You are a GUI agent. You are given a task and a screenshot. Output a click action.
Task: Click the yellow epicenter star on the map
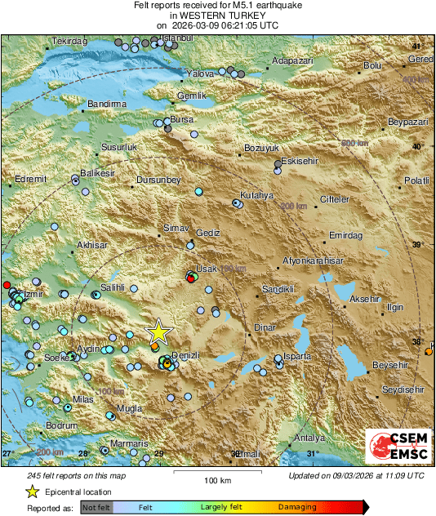tap(158, 332)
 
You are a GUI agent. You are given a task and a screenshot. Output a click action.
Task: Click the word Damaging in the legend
tap(297, 507)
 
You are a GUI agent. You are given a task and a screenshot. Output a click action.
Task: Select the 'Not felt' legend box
tap(96, 507)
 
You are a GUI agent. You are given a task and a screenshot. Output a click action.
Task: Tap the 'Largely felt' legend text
tap(220, 507)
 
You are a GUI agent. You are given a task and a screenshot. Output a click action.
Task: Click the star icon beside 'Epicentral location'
tap(32, 492)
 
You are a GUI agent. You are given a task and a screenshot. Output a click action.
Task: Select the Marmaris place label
tap(129, 443)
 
